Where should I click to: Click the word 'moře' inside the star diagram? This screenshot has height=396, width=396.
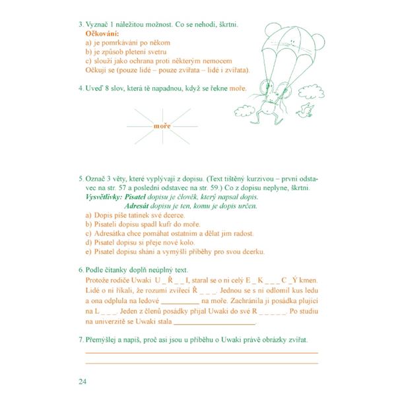tap(162, 125)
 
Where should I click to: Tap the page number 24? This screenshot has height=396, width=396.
tap(82, 381)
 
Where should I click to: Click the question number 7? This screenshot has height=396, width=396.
tap(79, 339)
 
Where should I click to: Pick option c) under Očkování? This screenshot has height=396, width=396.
tap(89, 60)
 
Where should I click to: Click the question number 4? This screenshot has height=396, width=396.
tap(79, 88)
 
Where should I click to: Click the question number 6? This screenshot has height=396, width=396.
tap(79, 270)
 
